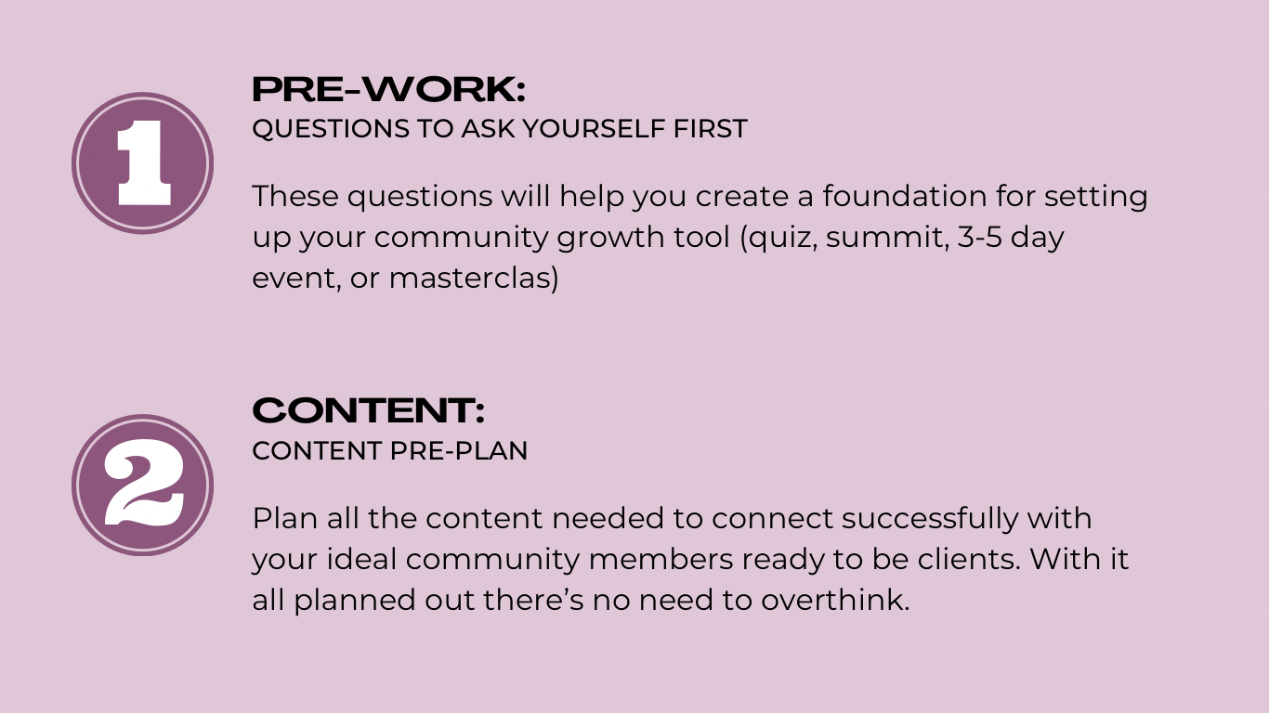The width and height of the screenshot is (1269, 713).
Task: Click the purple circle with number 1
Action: click(143, 163)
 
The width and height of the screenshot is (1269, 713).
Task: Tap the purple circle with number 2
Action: click(143, 486)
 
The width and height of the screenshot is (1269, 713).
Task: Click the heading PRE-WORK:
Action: click(388, 89)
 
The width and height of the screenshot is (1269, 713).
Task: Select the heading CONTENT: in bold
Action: click(368, 410)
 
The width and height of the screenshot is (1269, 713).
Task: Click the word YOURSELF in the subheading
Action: click(594, 128)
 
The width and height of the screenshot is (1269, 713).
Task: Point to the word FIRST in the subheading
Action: click(711, 128)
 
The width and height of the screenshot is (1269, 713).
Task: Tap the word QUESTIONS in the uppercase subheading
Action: click(331, 129)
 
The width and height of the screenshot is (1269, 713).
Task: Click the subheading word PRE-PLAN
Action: click(459, 451)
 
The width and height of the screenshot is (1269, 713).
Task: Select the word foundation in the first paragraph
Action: click(905, 196)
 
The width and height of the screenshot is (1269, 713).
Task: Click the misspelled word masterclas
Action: click(470, 279)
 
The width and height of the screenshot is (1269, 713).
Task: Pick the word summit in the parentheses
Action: click(884, 237)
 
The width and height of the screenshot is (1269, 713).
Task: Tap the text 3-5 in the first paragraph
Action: click(979, 237)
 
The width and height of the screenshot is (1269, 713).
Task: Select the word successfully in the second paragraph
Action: click(930, 519)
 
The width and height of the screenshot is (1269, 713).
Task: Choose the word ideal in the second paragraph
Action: click(361, 560)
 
